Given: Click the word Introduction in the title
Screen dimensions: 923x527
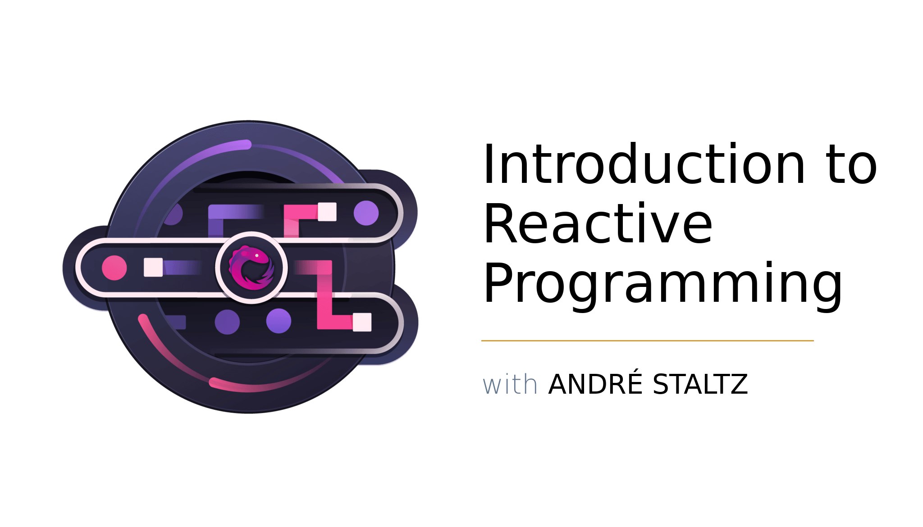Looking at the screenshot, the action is coord(644,164).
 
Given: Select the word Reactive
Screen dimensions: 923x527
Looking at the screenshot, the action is coord(598,223).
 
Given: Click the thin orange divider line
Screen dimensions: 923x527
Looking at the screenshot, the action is coord(647,341).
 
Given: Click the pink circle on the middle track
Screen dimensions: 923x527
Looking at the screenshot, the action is coord(114,268).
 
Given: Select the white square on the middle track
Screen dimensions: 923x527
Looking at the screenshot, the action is coord(153,267).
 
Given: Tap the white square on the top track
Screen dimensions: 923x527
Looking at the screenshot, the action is coord(327,212).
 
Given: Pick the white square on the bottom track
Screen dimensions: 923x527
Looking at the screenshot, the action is coord(362,322).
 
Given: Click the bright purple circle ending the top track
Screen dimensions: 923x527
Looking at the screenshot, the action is coord(366,213).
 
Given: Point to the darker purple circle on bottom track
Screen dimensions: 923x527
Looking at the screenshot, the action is coord(227,322).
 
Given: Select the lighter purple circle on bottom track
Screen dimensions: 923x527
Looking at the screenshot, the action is coord(279,321).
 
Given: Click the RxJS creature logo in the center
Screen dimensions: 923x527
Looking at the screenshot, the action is coord(251,268).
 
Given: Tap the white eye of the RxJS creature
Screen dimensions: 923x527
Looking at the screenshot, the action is coord(257,255).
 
